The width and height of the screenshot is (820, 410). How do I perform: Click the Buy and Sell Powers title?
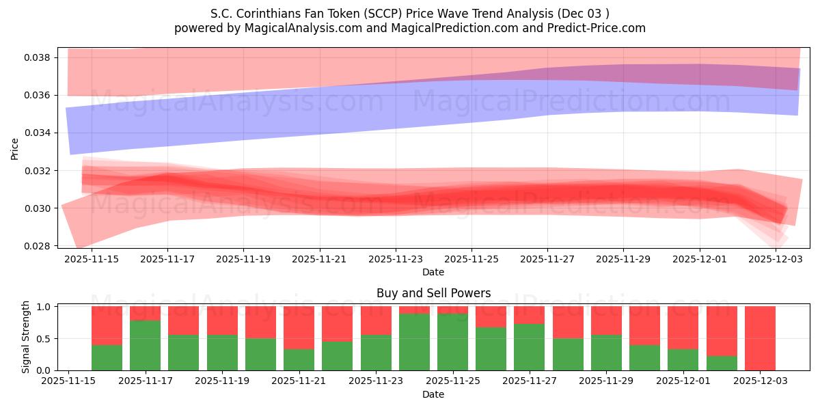(x=433, y=293)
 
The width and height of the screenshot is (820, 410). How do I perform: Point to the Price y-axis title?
(x=14, y=148)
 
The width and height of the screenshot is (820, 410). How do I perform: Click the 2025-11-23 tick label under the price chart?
(x=395, y=260)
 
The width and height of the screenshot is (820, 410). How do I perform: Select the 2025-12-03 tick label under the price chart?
(x=776, y=260)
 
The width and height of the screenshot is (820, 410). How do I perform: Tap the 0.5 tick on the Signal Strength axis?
(x=43, y=339)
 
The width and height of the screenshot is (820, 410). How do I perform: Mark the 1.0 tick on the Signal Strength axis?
(x=43, y=307)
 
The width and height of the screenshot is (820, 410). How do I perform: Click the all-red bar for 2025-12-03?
(x=760, y=338)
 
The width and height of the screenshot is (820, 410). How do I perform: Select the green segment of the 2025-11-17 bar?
(x=145, y=345)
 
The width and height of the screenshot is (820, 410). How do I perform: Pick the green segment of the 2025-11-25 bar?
(x=452, y=342)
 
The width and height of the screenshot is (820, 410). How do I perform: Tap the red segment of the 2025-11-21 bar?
(x=299, y=327)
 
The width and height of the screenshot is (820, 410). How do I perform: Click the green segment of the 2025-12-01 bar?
(x=683, y=359)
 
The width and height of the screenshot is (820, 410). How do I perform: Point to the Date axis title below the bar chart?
(x=433, y=394)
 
